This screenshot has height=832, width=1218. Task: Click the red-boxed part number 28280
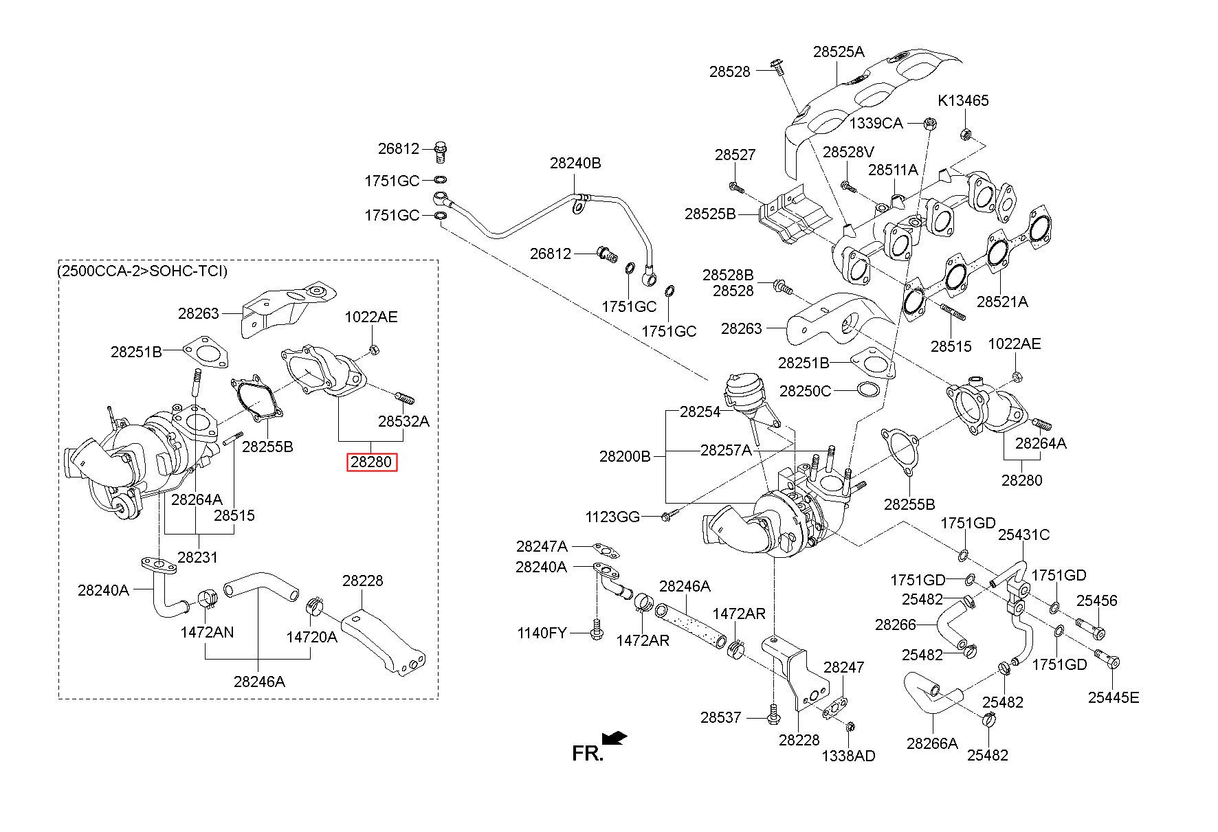point(371,462)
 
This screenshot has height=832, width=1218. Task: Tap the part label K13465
point(963,100)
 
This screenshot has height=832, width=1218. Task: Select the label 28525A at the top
point(839,51)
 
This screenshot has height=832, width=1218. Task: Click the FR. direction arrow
point(614,738)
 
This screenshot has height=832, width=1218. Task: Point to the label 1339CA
point(876,123)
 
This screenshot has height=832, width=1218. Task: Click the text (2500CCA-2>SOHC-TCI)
point(142,271)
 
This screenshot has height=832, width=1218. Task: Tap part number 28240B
point(575,163)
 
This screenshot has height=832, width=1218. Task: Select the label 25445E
point(1114,697)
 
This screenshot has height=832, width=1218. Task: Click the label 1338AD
point(849,756)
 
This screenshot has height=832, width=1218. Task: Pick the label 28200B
point(625,456)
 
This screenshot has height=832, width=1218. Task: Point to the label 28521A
point(1002,301)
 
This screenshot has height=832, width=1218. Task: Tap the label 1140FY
point(542,632)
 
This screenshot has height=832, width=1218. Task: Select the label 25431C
point(1024,535)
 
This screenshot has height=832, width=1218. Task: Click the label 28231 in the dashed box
point(197,557)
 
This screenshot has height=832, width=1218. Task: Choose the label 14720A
point(312,637)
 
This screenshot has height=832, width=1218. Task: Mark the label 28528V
point(849,152)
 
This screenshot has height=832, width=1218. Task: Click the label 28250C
point(805,391)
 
